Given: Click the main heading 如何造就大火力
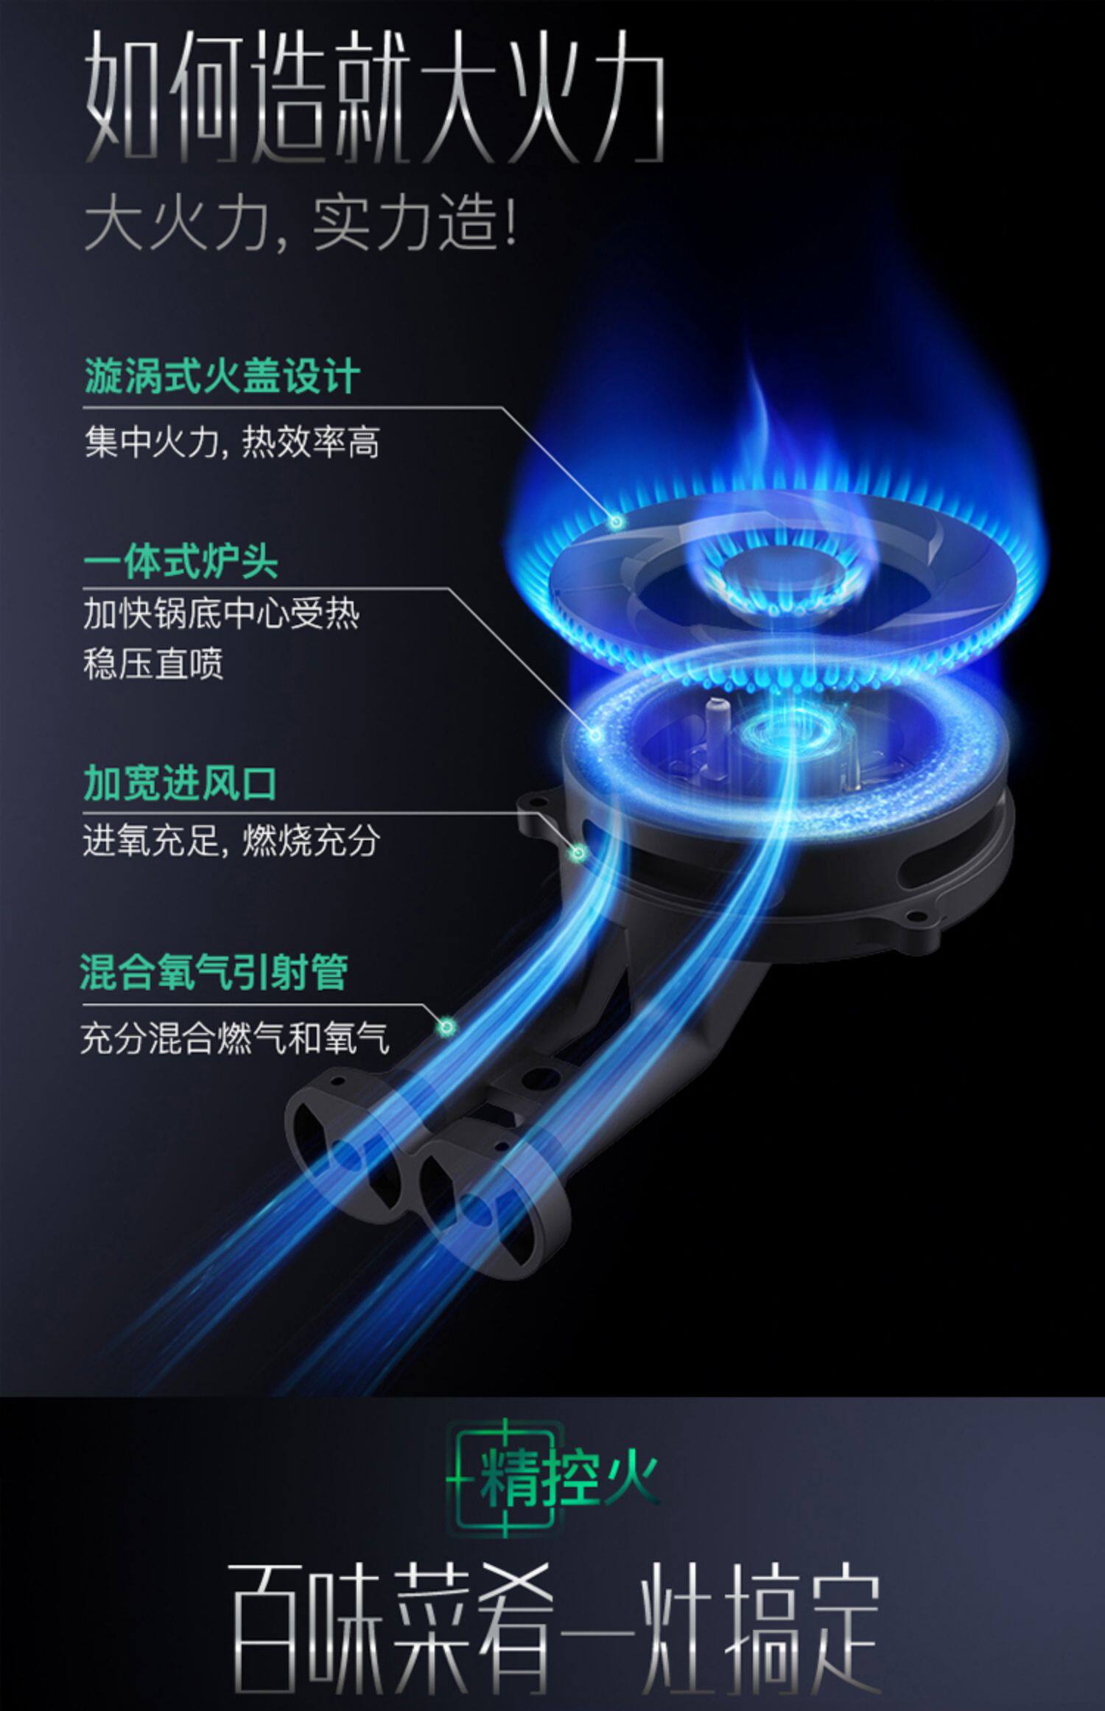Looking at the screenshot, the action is click(374, 96).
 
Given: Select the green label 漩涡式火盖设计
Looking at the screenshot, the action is click(222, 376).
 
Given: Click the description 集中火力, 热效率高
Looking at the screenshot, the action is click(231, 443).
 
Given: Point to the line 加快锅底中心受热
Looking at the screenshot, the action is click(221, 614).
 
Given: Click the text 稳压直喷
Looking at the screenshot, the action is click(153, 663).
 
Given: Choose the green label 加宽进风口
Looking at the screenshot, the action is click(180, 783).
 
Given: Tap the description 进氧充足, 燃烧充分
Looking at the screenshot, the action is click(231, 840).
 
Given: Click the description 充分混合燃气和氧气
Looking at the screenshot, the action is click(234, 1038).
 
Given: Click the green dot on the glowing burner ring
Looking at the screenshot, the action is click(595, 734).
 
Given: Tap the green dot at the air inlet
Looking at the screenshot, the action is click(579, 853).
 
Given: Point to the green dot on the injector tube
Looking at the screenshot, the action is click(446, 1026).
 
